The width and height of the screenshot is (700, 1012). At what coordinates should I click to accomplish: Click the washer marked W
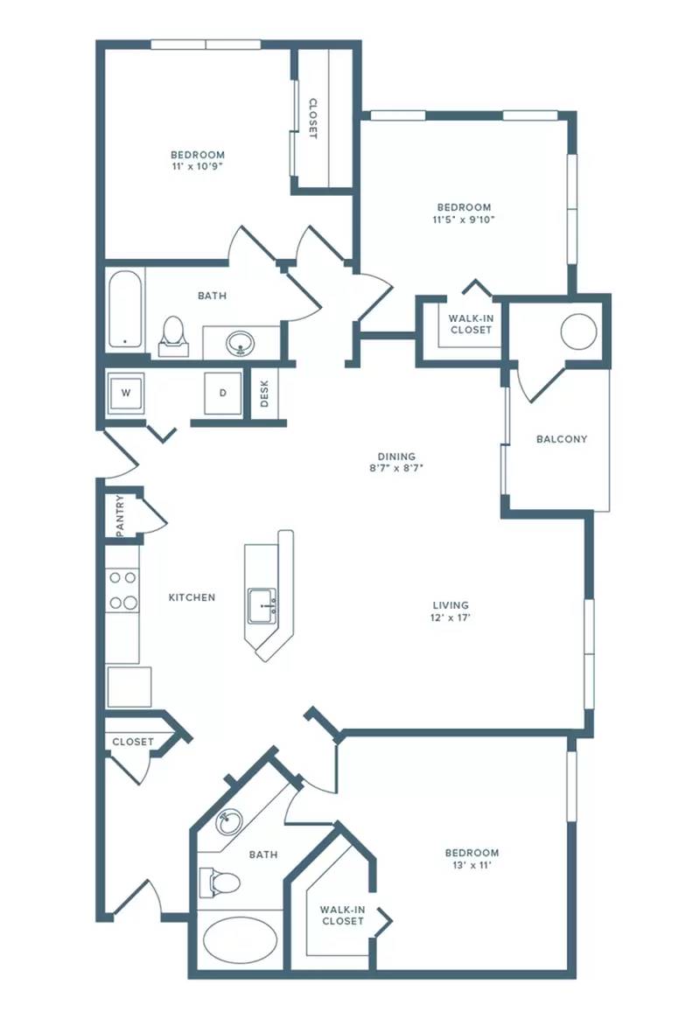[126, 393]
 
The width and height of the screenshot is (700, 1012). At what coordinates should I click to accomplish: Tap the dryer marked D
[223, 393]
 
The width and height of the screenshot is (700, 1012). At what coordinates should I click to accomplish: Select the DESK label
[264, 393]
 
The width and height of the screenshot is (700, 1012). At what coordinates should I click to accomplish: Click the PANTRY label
[120, 516]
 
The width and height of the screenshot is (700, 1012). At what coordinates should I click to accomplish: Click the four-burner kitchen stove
[122, 590]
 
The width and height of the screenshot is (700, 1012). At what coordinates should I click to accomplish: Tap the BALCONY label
[562, 439]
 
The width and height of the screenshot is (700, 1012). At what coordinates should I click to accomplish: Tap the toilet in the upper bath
[173, 336]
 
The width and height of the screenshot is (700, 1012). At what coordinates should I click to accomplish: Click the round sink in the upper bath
[241, 343]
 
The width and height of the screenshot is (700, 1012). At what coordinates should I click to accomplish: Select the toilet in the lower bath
[220, 883]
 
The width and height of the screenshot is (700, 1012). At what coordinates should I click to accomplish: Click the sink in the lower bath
[228, 822]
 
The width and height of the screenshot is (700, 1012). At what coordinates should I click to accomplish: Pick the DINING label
[396, 457]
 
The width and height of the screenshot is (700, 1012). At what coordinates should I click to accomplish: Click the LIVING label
[451, 605]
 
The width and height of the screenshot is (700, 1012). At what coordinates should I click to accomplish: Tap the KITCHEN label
[192, 597]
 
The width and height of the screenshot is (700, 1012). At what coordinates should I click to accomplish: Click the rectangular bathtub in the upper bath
[124, 310]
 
